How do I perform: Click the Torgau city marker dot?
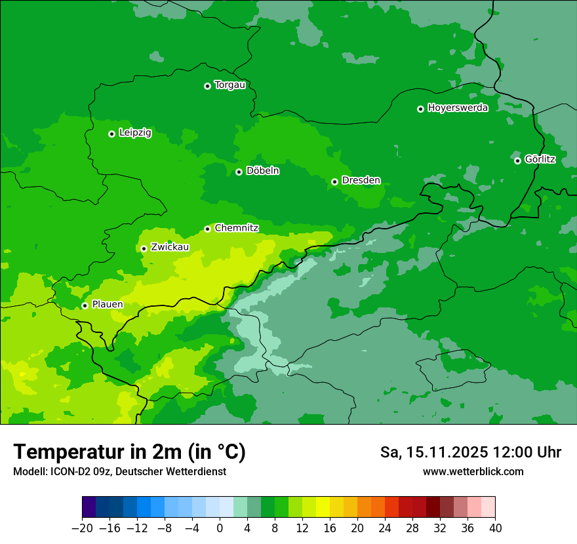[207, 86]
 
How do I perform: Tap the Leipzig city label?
[135, 133]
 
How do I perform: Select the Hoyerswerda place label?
[458, 108]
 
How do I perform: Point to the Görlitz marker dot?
[517, 161]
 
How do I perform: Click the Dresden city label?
[361, 181]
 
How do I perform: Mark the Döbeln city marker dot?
[239, 172]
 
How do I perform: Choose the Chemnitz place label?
[237, 228]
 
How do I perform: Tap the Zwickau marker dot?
[144, 248]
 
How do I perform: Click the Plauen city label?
[108, 305]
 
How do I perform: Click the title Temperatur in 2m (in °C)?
[129, 452]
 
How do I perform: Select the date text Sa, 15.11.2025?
[435, 452]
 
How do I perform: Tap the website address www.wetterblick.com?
[473, 471]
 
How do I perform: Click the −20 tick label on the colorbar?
[82, 528]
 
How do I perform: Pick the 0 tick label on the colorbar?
[220, 528]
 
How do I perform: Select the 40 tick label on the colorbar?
[495, 528]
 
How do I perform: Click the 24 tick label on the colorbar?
[385, 528]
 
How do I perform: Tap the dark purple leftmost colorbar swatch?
[89, 507]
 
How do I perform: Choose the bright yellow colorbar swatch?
[323, 507]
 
